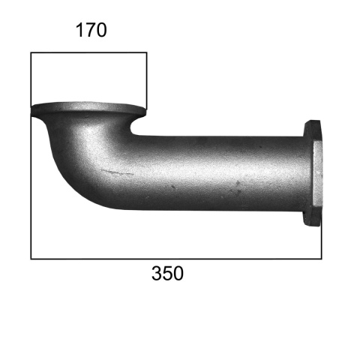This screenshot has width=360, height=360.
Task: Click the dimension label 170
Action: [x=91, y=30]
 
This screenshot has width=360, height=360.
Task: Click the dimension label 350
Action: [x=167, y=273]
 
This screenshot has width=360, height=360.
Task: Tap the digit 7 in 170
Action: [x=91, y=30]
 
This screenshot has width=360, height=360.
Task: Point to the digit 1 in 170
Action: [x=79, y=30]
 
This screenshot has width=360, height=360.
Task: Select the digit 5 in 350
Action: [x=167, y=273]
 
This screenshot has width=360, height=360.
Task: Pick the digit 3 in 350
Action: [x=157, y=273]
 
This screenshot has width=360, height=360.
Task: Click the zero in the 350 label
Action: [x=178, y=273]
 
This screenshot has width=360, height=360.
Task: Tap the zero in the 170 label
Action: [x=101, y=30]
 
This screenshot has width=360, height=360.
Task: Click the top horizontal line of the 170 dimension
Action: [x=88, y=52]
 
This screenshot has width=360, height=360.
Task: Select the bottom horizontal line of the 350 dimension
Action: [x=176, y=259]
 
